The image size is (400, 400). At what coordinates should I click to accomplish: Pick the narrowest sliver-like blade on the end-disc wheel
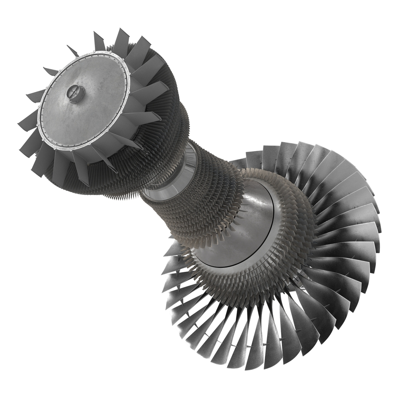coord(72,51)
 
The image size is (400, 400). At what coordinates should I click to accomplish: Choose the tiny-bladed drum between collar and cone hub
coord(207,193)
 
